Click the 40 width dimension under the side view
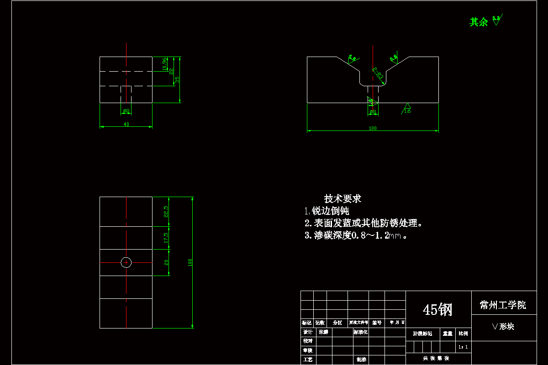pyautogui.click(x=126, y=124)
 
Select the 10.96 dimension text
pyautogui.click(x=164, y=64)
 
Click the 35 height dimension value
pyautogui.click(x=177, y=79)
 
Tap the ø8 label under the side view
pyautogui.click(x=126, y=111)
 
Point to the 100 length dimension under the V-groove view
pyautogui.click(x=373, y=129)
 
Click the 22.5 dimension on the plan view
pyautogui.click(x=166, y=211)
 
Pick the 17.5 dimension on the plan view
pyautogui.click(x=166, y=237)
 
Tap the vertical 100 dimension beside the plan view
pyautogui.click(x=190, y=262)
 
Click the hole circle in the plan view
pyautogui.click(x=126, y=262)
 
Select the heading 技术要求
pyautogui.click(x=342, y=199)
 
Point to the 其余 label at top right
pyautogui.click(x=479, y=22)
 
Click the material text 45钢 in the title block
pyautogui.click(x=437, y=310)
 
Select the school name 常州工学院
pyautogui.click(x=503, y=305)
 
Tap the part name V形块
pyautogui.click(x=503, y=327)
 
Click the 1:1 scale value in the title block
pyautogui.click(x=463, y=347)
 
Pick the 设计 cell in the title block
pyautogui.click(x=307, y=332)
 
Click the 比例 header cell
pyautogui.click(x=463, y=334)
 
